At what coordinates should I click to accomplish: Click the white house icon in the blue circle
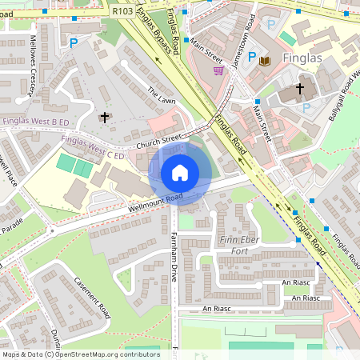[x=179, y=173]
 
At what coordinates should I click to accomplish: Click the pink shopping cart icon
[x=218, y=70]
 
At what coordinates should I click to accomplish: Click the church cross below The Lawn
[x=104, y=118]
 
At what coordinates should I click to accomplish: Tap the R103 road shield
[x=122, y=10]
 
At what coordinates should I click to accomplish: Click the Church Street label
[x=160, y=142]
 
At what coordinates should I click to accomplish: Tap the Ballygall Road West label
[x=343, y=96]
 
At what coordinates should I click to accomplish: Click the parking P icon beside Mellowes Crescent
[x=74, y=42]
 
